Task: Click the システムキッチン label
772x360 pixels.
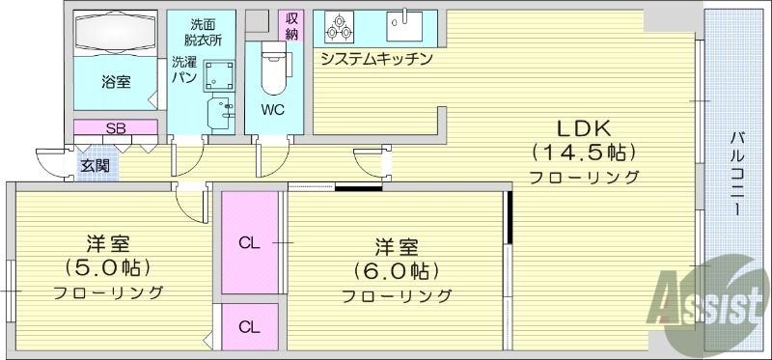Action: (375, 58)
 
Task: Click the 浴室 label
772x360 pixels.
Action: (117, 81)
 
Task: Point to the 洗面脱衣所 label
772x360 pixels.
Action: (203, 32)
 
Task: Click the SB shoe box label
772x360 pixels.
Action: (116, 127)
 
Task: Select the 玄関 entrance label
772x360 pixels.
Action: (95, 165)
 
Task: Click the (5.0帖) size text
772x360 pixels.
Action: (108, 267)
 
